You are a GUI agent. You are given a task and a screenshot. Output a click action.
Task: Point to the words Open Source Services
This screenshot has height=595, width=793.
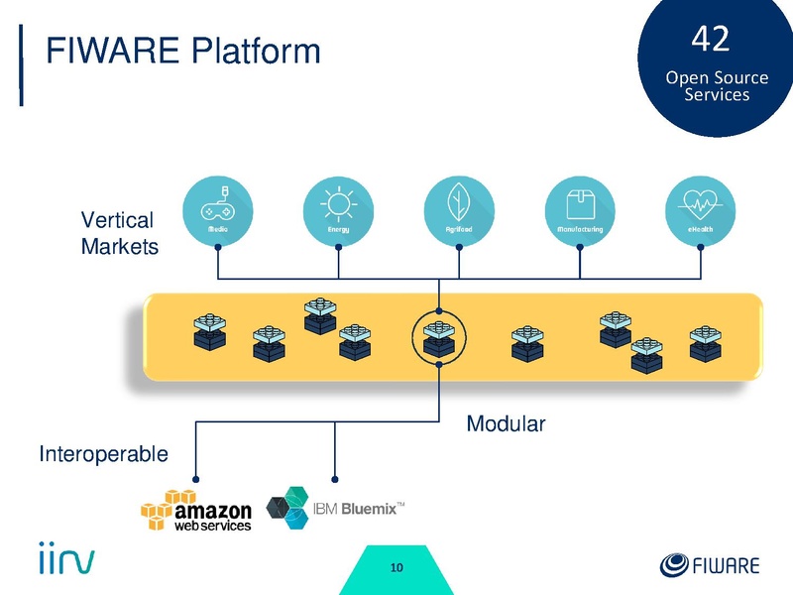click(717, 86)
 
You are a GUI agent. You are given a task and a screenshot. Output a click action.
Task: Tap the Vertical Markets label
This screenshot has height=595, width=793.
click(118, 233)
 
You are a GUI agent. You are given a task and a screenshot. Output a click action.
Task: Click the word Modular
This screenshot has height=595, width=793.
click(506, 424)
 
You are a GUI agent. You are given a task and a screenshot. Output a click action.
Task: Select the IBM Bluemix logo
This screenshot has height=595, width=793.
click(337, 509)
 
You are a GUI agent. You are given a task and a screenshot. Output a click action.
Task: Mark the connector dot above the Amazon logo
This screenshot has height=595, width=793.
click(196, 472)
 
